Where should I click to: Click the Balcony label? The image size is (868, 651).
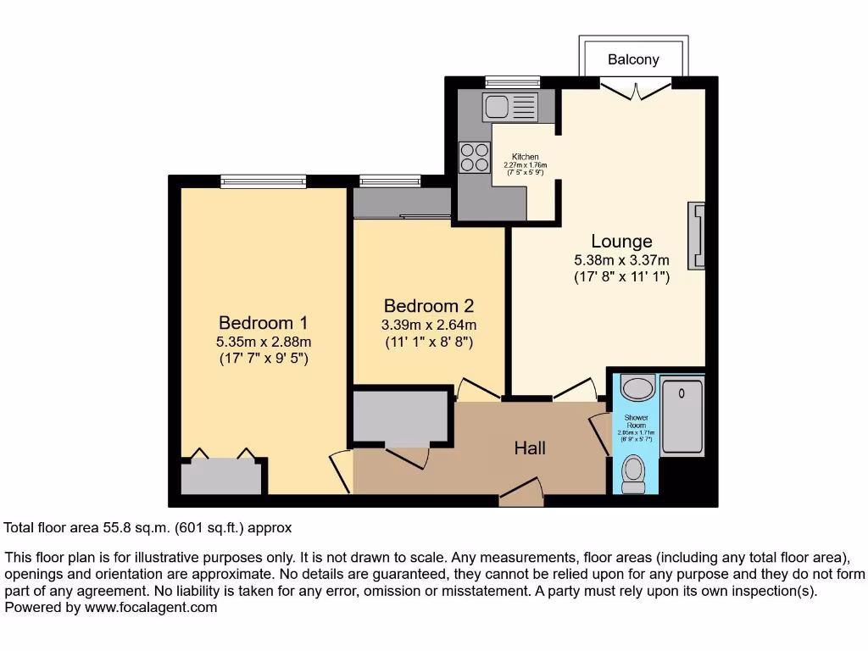[x=633, y=60]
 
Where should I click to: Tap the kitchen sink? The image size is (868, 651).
[x=509, y=107]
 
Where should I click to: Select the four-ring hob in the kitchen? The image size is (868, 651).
[x=474, y=157]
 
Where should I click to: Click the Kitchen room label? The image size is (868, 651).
[x=525, y=158]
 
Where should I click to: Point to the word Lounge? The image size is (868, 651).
[x=621, y=242]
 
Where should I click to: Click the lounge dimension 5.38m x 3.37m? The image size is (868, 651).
[x=621, y=260]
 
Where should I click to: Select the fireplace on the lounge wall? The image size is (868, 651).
[x=697, y=236]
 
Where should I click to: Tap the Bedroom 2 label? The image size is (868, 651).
[x=428, y=306]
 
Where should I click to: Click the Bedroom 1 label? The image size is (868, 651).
[x=263, y=323]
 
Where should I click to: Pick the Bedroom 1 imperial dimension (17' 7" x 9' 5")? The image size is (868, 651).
[x=263, y=359]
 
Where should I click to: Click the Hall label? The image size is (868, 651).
[x=530, y=448]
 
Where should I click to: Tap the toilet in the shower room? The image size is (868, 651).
[x=633, y=473]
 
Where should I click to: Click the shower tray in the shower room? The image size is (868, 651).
[x=682, y=417]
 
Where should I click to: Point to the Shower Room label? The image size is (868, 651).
[x=636, y=421]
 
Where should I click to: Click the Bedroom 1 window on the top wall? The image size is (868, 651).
[x=263, y=180]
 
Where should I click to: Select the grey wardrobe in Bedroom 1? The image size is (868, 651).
[x=222, y=476]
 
